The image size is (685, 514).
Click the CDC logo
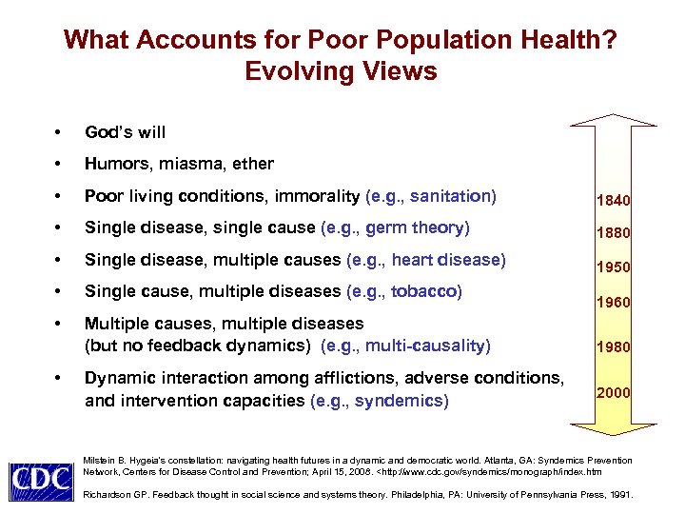[41, 481]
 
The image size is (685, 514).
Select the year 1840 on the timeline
[614, 201]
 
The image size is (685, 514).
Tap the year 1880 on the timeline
[614, 233]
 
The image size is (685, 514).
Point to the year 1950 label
[614, 267]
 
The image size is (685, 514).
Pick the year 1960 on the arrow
[614, 303]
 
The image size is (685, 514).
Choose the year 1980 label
[614, 346]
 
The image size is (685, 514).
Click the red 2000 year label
[614, 391]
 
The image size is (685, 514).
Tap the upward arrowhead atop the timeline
[614, 121]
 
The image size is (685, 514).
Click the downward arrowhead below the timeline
[614, 440]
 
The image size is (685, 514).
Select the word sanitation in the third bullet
[455, 196]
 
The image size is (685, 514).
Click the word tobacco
[424, 291]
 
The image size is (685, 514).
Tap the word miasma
[190, 164]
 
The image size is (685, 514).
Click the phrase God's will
[125, 131]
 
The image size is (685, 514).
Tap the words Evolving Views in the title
[341, 71]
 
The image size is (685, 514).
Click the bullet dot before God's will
[59, 132]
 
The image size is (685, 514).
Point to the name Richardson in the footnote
[108, 495]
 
